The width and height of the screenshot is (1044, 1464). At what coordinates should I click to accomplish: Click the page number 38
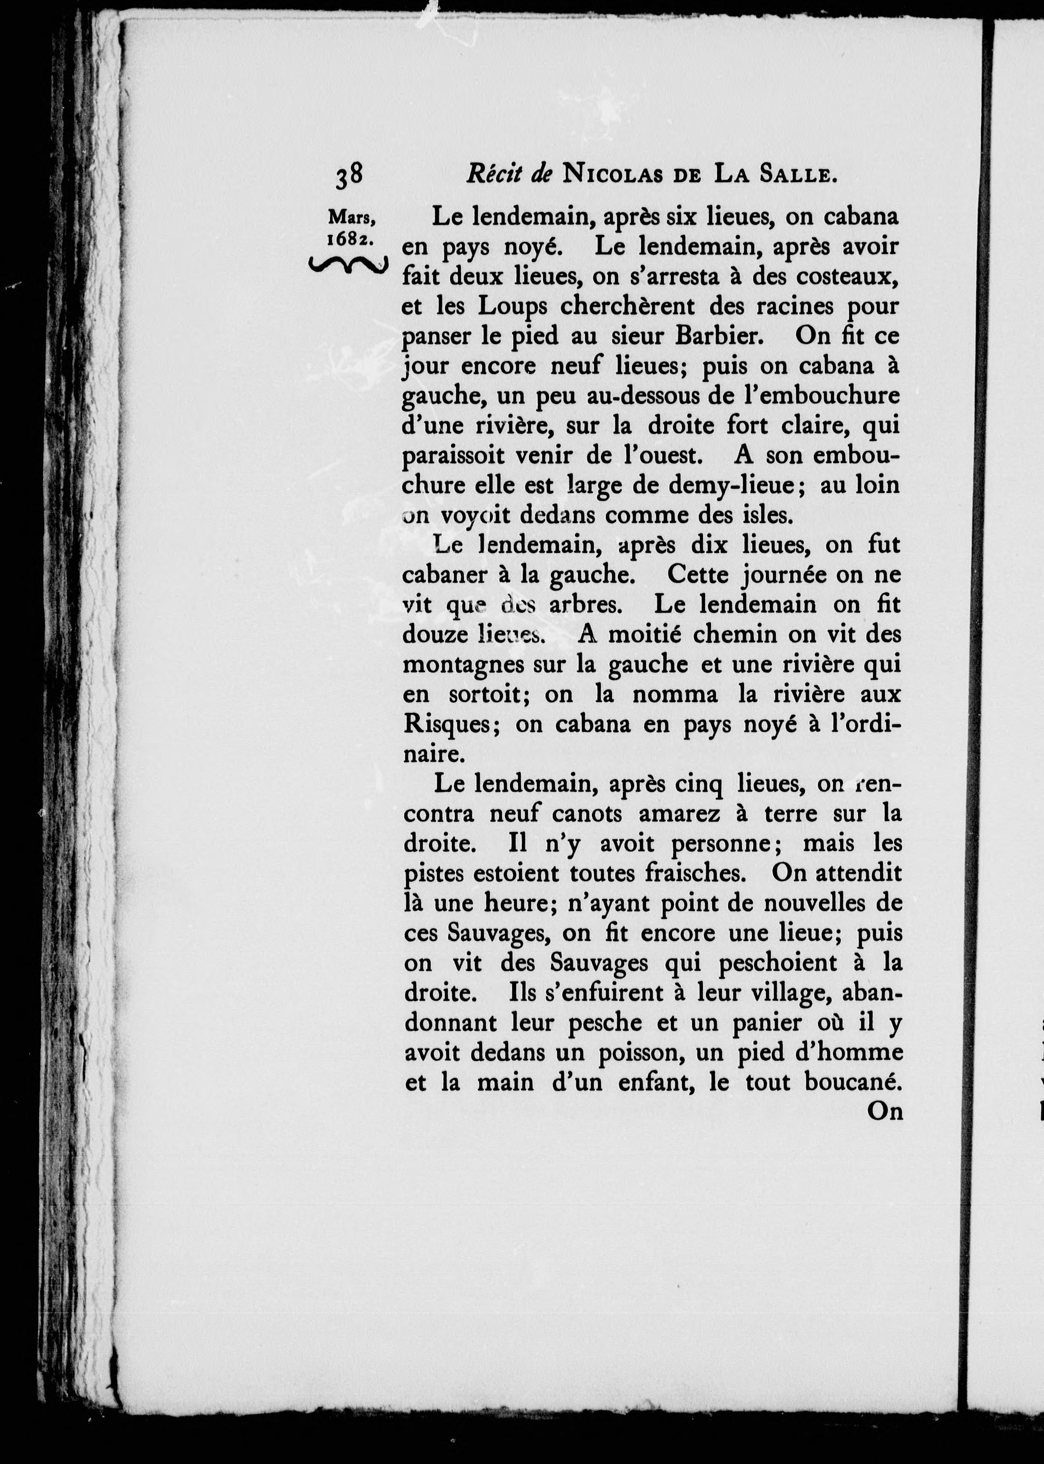tap(349, 176)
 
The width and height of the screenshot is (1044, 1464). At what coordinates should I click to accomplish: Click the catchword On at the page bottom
tap(884, 1111)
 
